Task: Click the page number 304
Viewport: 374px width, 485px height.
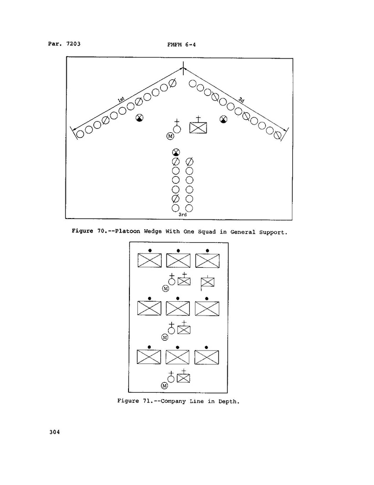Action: (54, 433)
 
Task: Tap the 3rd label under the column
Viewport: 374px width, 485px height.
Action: (182, 214)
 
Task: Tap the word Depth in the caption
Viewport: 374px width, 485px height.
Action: (228, 401)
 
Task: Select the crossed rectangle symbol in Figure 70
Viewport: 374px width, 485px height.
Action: (198, 128)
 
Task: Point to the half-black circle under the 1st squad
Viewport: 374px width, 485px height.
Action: (139, 119)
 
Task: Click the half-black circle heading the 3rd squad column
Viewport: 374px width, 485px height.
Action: (176, 152)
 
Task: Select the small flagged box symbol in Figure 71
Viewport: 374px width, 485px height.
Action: (207, 282)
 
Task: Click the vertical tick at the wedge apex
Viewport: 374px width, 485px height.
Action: (184, 68)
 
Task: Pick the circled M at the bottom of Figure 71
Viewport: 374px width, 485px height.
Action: (164, 386)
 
